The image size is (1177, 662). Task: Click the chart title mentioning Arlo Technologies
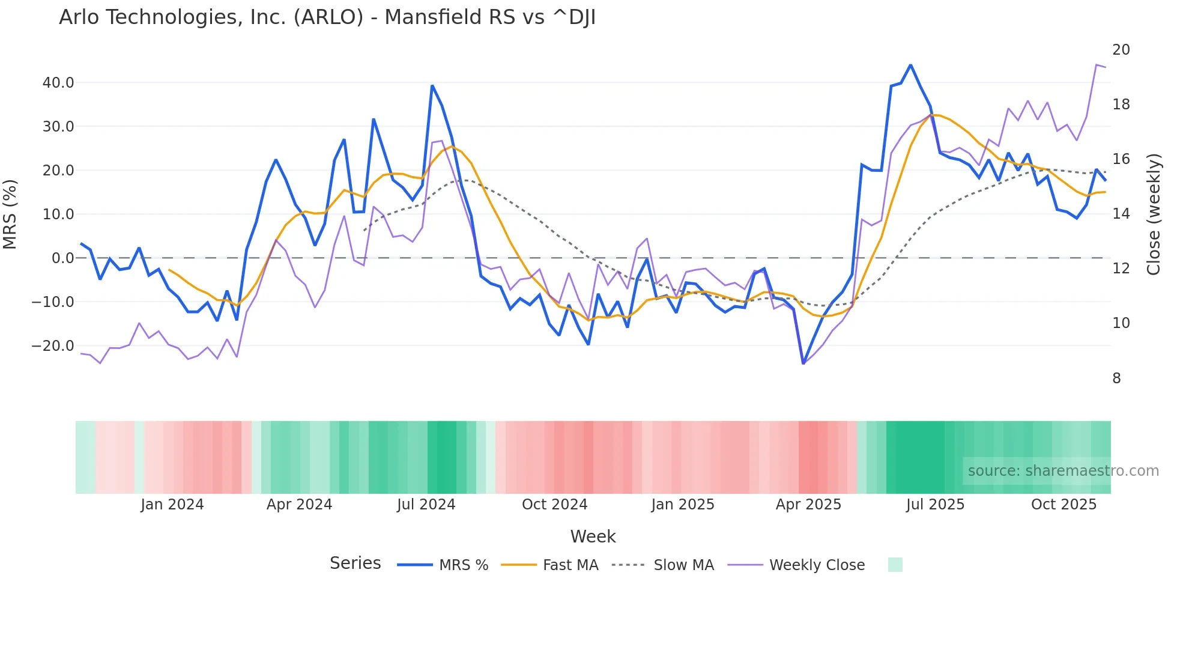327,17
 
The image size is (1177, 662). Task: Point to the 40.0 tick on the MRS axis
58,82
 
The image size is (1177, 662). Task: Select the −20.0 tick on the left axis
53,345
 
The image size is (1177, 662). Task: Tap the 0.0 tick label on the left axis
62,258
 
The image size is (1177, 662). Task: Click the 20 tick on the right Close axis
1121,50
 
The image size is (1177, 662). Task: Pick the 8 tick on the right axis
1116,378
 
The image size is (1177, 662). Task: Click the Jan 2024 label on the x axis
172,504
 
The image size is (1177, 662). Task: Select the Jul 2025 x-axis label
935,504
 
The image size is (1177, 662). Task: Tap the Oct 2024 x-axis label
554,504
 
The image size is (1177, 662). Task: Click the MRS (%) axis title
10,214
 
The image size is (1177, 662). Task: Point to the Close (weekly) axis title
1154,214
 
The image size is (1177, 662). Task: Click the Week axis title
593,536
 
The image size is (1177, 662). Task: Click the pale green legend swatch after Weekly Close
895,565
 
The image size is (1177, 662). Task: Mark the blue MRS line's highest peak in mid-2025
910,65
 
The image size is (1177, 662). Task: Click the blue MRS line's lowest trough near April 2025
803,363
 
